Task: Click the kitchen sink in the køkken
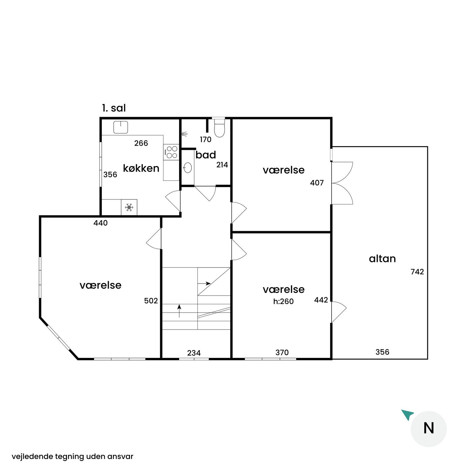121,127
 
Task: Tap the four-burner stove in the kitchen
171,152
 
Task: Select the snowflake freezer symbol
129,207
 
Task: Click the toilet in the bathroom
219,128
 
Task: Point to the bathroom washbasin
187,167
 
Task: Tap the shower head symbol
185,133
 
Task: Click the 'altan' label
382,259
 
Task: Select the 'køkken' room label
141,168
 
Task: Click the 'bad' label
205,155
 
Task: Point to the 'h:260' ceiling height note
283,301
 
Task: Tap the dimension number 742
417,272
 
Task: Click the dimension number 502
151,301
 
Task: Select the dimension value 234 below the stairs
194,353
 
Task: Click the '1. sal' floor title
114,108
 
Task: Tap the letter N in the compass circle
429,428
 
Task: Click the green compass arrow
408,415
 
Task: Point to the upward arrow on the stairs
179,311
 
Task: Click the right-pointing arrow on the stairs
204,283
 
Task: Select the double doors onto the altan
342,183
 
